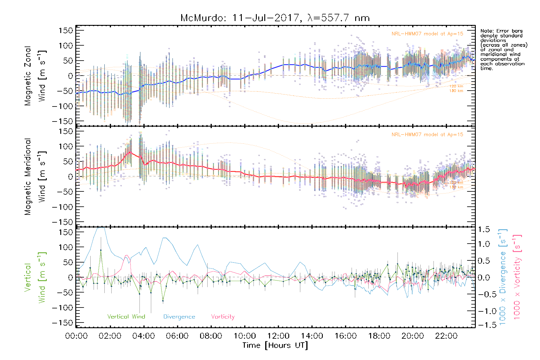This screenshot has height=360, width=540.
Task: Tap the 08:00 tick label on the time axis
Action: click(x=211, y=336)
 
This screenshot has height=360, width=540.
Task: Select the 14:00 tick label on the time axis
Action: click(x=312, y=336)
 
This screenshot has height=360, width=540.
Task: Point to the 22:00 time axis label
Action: click(x=446, y=336)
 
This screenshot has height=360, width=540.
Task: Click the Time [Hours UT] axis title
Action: click(x=275, y=345)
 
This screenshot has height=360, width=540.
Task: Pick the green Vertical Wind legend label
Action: click(x=126, y=316)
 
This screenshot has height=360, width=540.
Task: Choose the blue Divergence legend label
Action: click(x=179, y=317)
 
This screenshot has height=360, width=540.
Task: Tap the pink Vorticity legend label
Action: click(x=223, y=316)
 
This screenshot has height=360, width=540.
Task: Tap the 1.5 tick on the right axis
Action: click(x=484, y=229)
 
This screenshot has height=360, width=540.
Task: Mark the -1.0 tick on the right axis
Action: click(x=484, y=311)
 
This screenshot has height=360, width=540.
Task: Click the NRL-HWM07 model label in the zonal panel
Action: click(x=427, y=34)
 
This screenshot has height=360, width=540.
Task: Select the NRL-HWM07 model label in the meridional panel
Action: click(x=427, y=135)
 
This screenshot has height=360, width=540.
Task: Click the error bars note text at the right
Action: click(x=503, y=49)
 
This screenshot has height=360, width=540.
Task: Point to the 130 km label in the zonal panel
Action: click(x=456, y=91)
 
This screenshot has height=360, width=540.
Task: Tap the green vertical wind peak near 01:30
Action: click(x=101, y=250)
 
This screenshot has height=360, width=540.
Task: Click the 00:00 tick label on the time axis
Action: click(x=76, y=336)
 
